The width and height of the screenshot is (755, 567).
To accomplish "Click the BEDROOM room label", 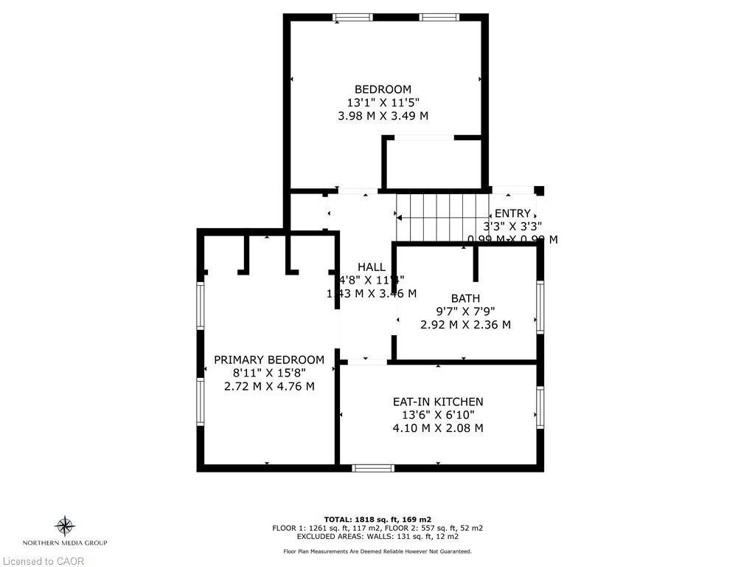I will coord(383,89).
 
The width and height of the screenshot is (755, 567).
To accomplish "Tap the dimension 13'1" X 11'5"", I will coord(383,103).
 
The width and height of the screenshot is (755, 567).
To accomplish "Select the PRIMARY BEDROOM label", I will coord(269,360).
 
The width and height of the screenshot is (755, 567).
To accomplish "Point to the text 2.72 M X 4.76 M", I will coord(269,386).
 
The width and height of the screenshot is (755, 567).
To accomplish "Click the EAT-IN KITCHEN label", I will coord(438,402).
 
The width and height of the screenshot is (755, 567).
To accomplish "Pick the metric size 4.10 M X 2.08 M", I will coord(438,428).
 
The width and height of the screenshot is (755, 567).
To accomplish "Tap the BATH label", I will coord(465,298).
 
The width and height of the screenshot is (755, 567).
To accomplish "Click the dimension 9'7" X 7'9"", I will coord(465,312).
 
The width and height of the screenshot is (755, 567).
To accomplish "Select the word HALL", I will coord(371,267).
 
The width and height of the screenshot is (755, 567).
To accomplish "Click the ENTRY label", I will coord(512,213).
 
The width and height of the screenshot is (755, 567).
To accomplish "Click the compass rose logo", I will coord(65,526).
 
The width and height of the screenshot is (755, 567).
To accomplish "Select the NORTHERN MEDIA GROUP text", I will coord(65,543).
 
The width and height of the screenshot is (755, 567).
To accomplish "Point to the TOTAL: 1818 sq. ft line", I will coord(377,519).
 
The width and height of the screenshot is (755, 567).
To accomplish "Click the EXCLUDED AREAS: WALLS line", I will coord(377,537).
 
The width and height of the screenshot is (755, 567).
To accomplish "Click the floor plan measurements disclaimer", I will coord(377,551).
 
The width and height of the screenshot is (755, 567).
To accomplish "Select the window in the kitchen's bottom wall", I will coord(372,467).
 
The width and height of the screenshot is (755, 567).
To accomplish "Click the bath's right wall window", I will coord(540,306).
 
